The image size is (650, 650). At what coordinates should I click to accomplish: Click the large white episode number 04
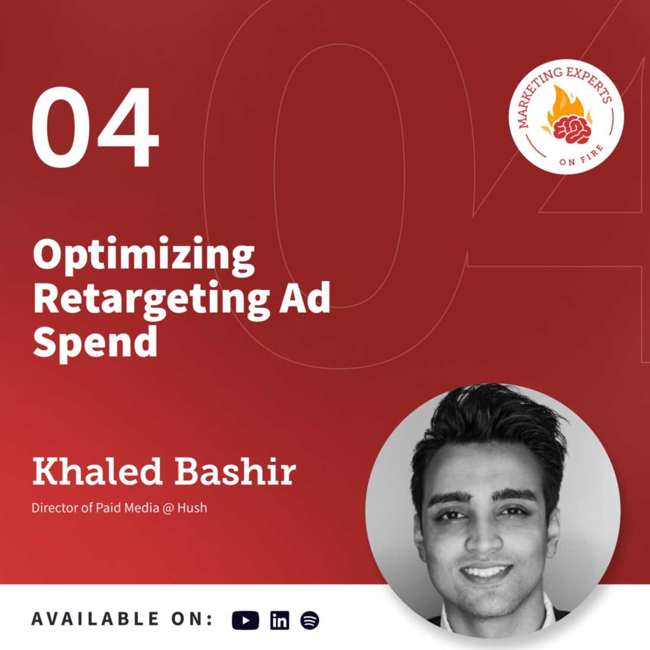(x=95, y=128)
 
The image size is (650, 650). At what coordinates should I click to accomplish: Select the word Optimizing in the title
(x=144, y=255)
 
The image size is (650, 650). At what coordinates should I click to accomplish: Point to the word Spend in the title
(x=95, y=342)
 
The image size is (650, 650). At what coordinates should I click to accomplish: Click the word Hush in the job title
(x=192, y=508)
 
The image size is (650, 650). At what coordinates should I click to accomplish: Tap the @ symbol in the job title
(x=168, y=509)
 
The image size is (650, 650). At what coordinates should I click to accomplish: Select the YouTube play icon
(x=245, y=620)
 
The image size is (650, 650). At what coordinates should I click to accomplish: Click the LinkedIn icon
(x=279, y=620)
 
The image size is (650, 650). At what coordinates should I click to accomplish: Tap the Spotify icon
(x=309, y=620)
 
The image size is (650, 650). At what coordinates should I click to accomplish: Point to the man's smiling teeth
(x=487, y=572)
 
